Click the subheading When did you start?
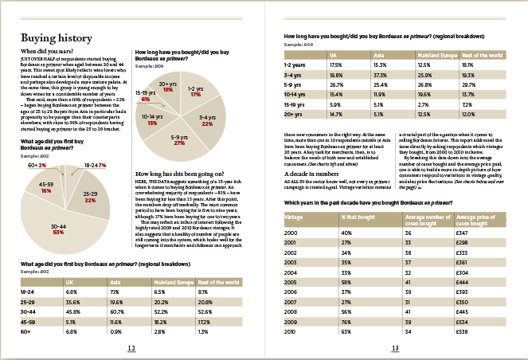pos(45,52)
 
